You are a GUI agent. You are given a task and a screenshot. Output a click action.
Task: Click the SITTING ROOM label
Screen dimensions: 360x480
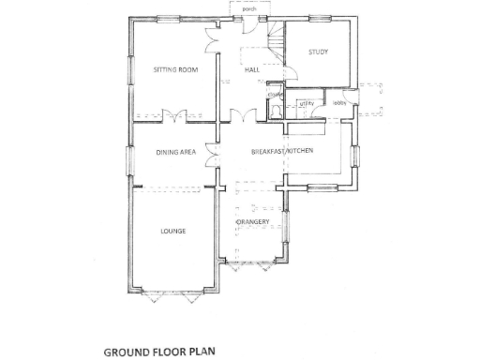click(x=176, y=70)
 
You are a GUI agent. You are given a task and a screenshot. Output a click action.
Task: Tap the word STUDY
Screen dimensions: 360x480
click(x=319, y=52)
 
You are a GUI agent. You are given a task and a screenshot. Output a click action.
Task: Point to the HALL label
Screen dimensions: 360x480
click(x=251, y=70)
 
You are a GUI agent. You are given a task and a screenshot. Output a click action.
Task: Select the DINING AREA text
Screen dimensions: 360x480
click(x=175, y=152)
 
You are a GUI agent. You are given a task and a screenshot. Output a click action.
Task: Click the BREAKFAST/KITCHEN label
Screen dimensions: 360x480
click(x=281, y=152)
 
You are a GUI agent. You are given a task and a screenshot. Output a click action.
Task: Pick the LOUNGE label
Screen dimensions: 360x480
click(x=172, y=231)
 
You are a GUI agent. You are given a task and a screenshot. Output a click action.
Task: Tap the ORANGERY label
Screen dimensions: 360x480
click(x=253, y=221)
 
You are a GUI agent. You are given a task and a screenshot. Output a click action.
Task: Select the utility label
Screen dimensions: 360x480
click(x=305, y=103)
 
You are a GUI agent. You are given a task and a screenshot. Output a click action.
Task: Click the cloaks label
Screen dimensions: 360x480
click(x=275, y=95)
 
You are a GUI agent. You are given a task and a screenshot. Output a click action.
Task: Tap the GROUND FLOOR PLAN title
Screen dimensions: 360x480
click(x=164, y=352)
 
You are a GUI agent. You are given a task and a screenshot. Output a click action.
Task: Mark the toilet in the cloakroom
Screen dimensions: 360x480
click(x=275, y=110)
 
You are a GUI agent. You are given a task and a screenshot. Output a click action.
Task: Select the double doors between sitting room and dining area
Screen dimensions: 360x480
click(x=174, y=118)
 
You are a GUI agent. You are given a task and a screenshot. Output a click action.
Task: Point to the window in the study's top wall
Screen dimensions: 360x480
click(x=318, y=18)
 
